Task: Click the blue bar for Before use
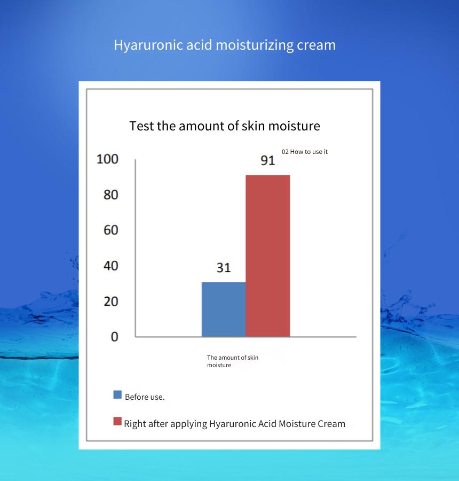224,309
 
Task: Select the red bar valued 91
268,256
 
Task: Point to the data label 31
224,268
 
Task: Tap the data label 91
268,160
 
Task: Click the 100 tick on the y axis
107,159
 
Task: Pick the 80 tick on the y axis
111,195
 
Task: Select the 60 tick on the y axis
111,230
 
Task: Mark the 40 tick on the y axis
111,266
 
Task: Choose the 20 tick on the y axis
111,301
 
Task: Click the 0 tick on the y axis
115,337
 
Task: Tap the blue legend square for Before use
117,394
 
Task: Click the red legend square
117,421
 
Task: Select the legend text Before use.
145,397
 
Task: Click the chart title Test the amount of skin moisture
225,126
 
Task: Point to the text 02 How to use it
305,152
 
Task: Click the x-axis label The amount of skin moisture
233,361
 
